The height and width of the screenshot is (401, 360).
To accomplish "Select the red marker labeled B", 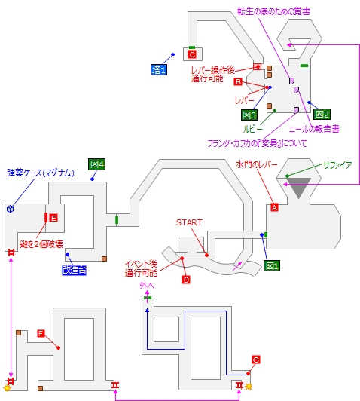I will [238, 81].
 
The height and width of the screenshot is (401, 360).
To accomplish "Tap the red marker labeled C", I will [192, 54].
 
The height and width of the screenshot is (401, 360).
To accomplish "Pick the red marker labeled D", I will [185, 280].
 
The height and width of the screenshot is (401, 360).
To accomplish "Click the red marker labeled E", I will [53, 218].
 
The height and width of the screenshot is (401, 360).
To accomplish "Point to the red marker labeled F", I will [41, 333].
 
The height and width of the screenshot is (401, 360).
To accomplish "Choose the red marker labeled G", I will [256, 360].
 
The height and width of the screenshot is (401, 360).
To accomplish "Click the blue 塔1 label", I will [159, 69].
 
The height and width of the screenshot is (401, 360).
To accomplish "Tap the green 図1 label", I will [272, 266].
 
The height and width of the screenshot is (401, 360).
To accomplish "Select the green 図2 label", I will [322, 115].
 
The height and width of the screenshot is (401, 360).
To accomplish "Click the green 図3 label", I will [249, 115].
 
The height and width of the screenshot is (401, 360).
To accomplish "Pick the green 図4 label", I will [96, 164].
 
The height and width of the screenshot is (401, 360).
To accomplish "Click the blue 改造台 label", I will [75, 270].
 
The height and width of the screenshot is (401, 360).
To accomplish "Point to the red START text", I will [189, 222].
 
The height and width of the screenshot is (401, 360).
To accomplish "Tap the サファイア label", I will [337, 164].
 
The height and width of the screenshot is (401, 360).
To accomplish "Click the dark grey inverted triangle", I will [300, 189].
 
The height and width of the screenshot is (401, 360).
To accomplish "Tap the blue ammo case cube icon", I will [11, 208].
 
